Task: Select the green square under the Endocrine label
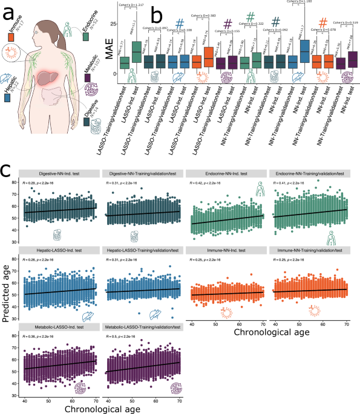(87, 38)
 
